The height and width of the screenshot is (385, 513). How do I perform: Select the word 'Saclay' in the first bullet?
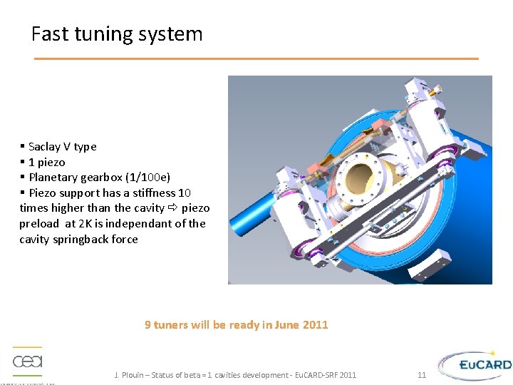tap(45, 147)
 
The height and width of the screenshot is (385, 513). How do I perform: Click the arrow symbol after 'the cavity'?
tap(173, 208)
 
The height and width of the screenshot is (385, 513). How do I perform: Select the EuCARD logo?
tap(475, 366)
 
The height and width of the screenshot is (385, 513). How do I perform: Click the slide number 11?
tap(422, 375)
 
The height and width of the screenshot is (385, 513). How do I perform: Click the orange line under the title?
tap(256, 58)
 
